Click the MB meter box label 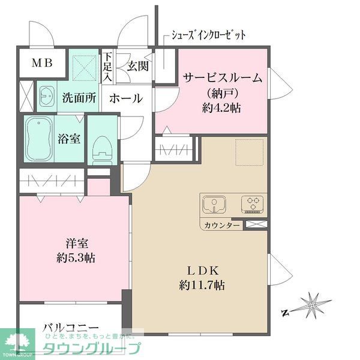click(41, 62)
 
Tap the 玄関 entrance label click(137, 67)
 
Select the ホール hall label click(127, 98)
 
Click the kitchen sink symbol click(213, 205)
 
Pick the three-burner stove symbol click(252, 205)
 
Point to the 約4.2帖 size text click(223, 109)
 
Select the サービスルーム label click(223, 78)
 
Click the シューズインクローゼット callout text click(208, 35)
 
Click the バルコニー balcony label click(70, 329)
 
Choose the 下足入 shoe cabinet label click(107, 67)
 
